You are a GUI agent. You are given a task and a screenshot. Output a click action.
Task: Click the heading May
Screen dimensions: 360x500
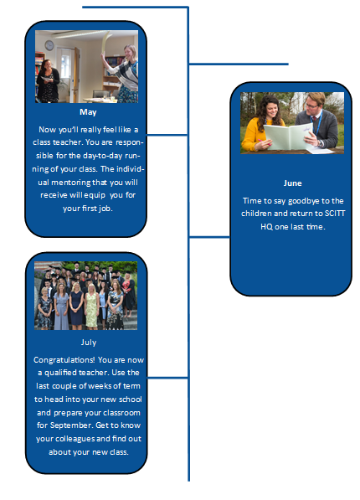coord(88,112)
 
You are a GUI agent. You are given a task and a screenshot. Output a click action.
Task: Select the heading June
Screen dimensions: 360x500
coord(292,183)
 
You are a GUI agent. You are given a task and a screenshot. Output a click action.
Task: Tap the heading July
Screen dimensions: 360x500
coord(89,343)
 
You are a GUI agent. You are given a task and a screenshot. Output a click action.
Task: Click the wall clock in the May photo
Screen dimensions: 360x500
coord(49,45)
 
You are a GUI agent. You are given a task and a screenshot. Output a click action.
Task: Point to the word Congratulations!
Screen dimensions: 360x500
coord(64,360)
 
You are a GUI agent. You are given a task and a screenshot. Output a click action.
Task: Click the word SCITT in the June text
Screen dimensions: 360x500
coord(335,214)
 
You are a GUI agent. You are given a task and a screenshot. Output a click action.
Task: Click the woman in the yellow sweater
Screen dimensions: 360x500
coord(263,124)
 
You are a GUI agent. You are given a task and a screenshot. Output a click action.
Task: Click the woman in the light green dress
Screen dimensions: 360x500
coord(91,307)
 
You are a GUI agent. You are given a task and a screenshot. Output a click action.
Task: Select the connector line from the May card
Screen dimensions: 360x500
coord(167,135)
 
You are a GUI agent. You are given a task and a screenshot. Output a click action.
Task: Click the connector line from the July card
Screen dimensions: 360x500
coord(167,378)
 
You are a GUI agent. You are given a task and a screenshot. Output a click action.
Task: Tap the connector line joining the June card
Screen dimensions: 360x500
coord(209,237)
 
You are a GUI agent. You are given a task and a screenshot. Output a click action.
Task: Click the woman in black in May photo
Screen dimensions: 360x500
coord(48,80)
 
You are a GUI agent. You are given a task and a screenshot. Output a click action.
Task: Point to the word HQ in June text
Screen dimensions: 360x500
coord(266,227)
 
